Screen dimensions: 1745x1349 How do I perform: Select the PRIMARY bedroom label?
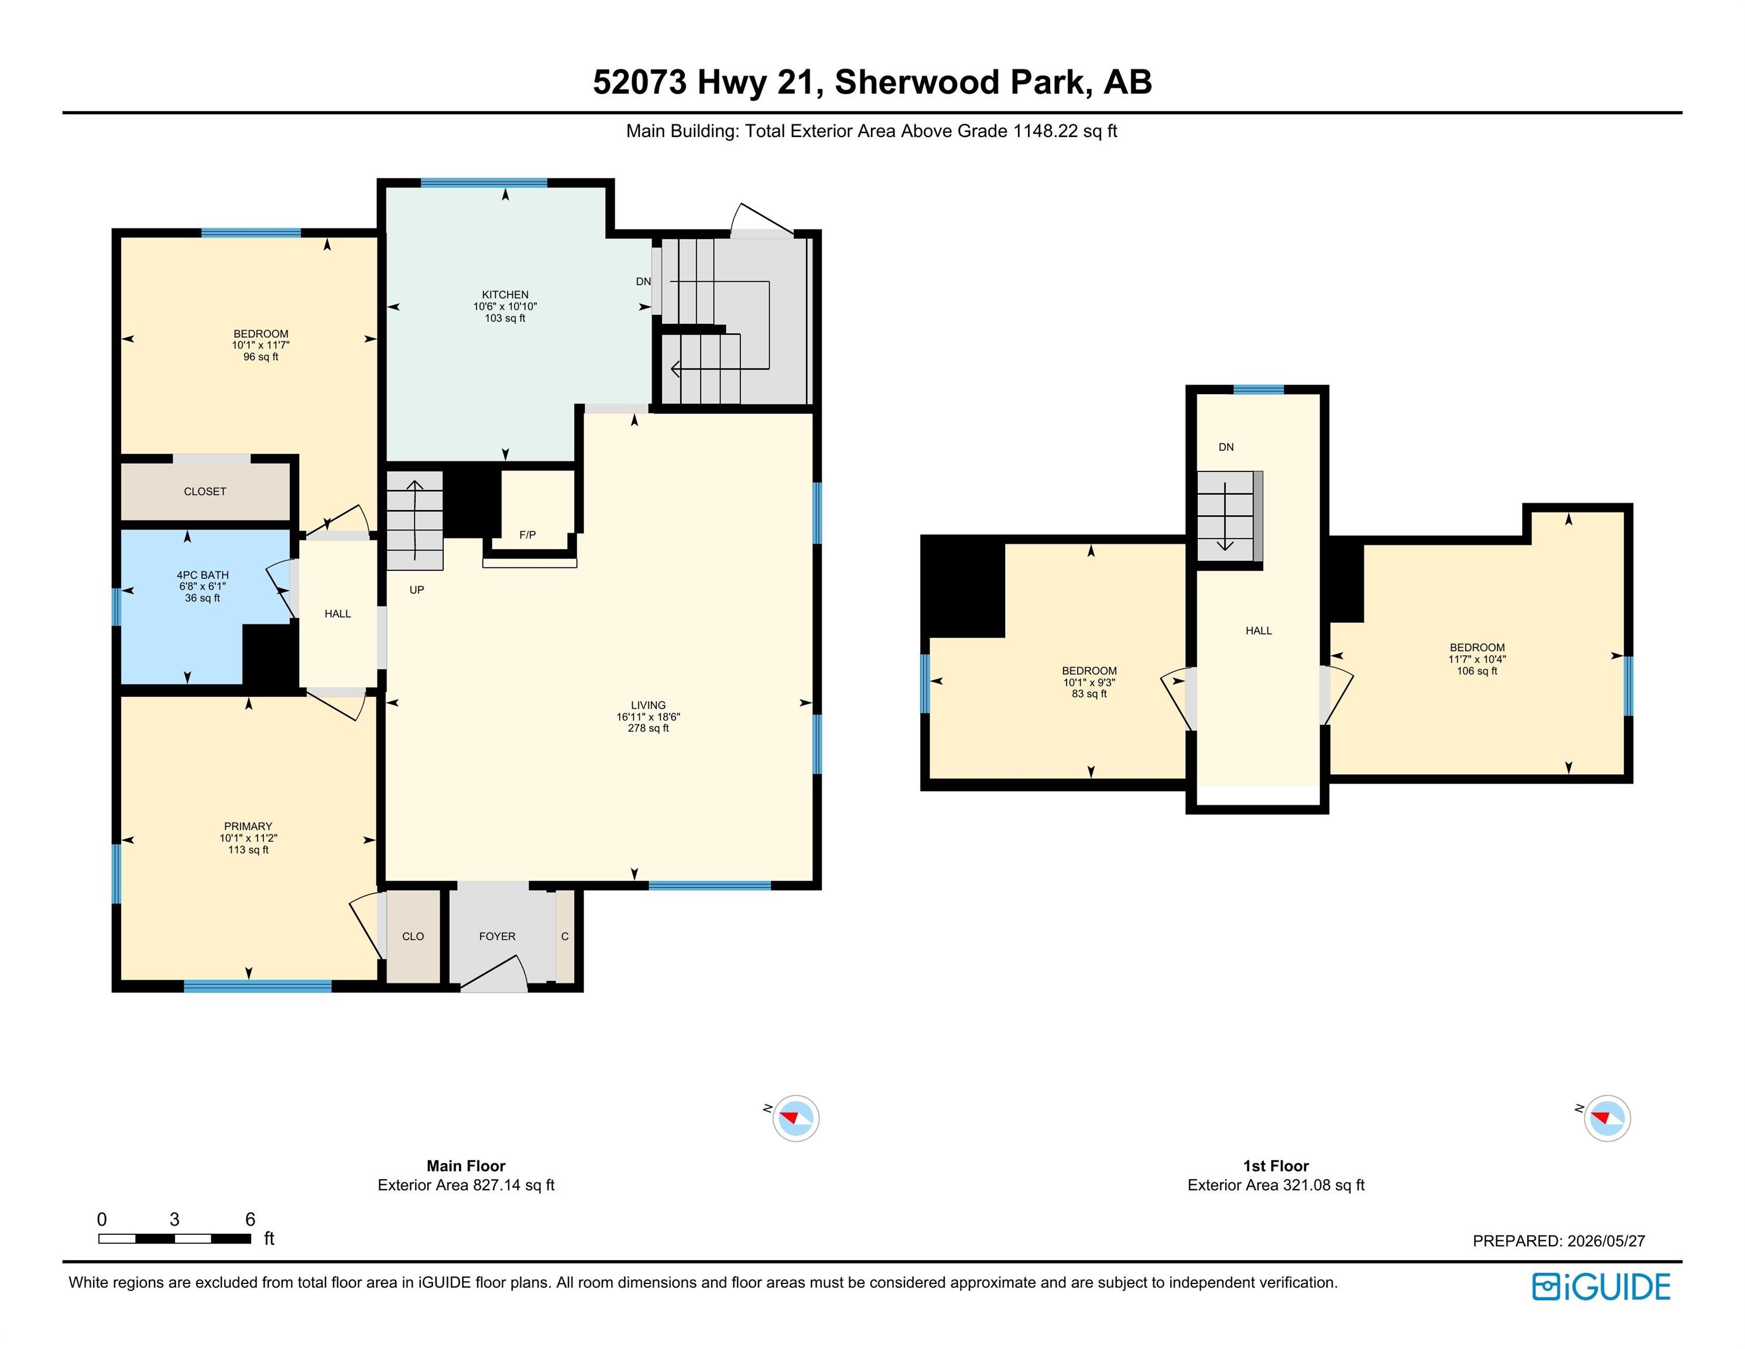(x=248, y=826)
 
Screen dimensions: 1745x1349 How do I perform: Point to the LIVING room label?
(x=648, y=706)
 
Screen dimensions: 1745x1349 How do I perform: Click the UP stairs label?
(x=416, y=590)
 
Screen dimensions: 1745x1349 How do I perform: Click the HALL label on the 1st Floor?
(x=1259, y=631)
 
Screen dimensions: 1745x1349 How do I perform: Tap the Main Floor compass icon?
(x=796, y=1118)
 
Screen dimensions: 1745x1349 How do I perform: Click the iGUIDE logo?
(x=1601, y=1287)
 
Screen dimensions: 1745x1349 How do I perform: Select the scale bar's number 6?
(x=250, y=1220)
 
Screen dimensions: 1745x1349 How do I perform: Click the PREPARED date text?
(x=1559, y=1241)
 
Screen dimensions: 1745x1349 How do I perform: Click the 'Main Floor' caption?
(x=466, y=1166)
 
